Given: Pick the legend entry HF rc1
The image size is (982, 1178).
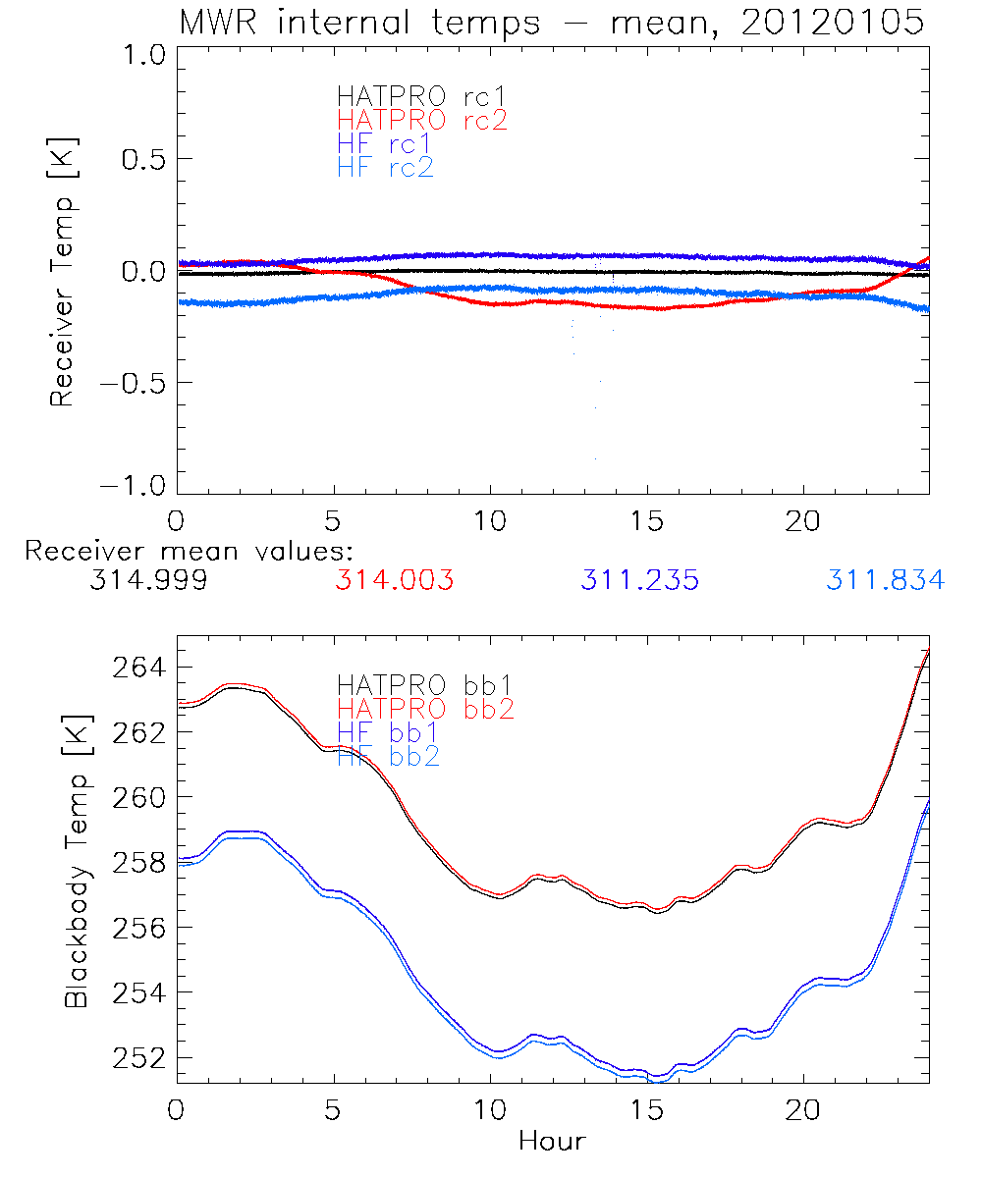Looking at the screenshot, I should point(385,143).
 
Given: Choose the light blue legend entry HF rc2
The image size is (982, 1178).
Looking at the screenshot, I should point(385,167).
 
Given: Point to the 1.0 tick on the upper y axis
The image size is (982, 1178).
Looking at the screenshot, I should point(139,55).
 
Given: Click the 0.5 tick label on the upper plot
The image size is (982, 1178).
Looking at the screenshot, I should point(139,159).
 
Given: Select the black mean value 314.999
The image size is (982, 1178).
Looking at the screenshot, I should point(147,580).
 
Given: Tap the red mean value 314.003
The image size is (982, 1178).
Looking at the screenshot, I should point(394,580).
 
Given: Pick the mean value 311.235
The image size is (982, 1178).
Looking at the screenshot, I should point(639,580).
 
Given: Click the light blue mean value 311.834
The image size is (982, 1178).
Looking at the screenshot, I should point(885,580).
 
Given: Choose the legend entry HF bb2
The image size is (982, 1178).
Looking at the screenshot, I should point(388,756).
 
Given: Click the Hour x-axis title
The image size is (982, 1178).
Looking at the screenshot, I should point(552,1141).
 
